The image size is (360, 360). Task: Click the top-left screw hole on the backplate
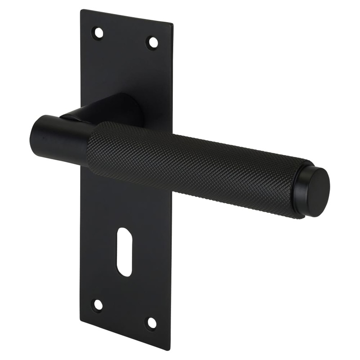(x=98, y=33)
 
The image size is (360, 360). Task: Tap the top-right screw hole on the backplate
(x=153, y=43)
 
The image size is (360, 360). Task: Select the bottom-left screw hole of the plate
(x=97, y=305)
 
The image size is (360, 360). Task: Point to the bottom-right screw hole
(x=152, y=323)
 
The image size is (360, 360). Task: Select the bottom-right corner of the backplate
(x=171, y=349)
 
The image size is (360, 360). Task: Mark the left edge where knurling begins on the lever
(x=90, y=148)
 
